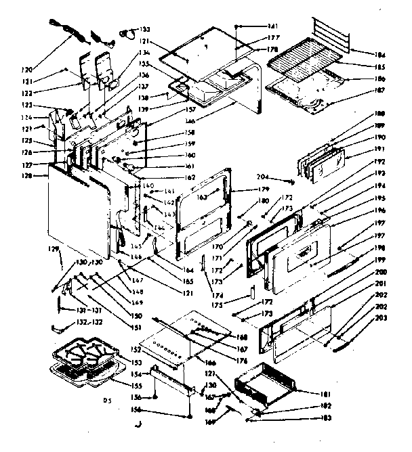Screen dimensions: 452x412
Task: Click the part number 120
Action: tap(26, 69)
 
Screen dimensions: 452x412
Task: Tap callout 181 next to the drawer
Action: tap(327, 393)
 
